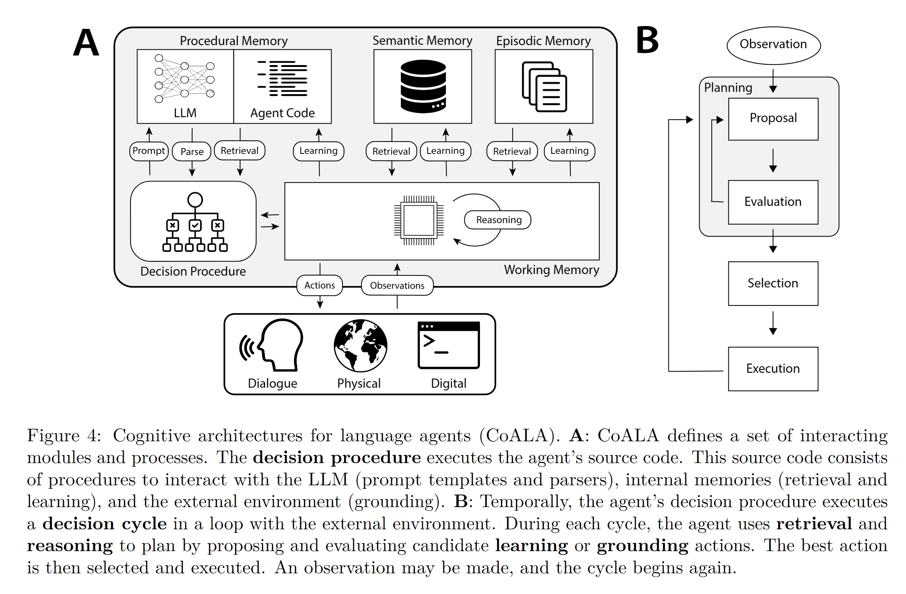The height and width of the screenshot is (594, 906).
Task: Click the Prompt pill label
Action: (149, 151)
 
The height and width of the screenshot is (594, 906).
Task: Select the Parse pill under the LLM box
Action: (192, 152)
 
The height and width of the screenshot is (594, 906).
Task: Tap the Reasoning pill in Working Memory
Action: (498, 220)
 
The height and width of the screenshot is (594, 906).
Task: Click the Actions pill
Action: (320, 285)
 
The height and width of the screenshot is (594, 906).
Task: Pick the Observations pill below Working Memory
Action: (397, 285)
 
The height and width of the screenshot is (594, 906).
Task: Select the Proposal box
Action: (773, 119)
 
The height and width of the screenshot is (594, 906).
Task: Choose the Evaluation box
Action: (773, 202)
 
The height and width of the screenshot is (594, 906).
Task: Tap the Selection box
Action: (773, 283)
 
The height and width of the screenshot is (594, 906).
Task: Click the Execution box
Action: (773, 369)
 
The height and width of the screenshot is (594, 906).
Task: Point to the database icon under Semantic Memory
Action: (423, 86)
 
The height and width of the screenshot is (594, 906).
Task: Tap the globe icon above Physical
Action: (360, 346)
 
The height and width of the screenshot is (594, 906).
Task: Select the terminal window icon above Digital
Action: (449, 345)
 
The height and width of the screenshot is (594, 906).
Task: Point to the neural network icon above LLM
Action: (184, 78)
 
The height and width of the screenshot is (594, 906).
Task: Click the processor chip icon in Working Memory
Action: (419, 220)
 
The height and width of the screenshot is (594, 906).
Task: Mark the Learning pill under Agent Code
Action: (318, 151)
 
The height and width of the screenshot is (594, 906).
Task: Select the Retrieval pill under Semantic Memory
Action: (391, 152)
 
